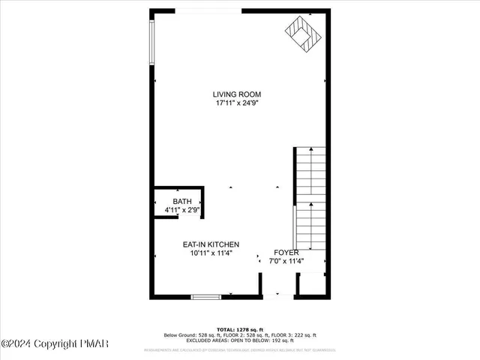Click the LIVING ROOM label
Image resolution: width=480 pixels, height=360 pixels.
click(x=236, y=94)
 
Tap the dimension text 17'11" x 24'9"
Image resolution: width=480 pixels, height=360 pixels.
click(x=236, y=103)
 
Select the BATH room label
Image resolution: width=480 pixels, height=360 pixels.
click(x=182, y=202)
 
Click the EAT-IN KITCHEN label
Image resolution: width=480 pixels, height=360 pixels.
click(x=211, y=244)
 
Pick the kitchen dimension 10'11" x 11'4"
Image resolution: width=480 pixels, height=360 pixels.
click(x=211, y=253)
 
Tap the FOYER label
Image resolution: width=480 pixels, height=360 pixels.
click(x=286, y=253)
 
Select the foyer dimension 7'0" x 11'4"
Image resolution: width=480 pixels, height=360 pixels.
click(x=286, y=262)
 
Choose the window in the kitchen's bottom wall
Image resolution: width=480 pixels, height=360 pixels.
click(x=205, y=298)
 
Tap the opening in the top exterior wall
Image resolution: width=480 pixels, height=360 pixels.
click(x=208, y=10)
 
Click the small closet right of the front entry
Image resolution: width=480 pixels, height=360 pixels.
click(x=311, y=286)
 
